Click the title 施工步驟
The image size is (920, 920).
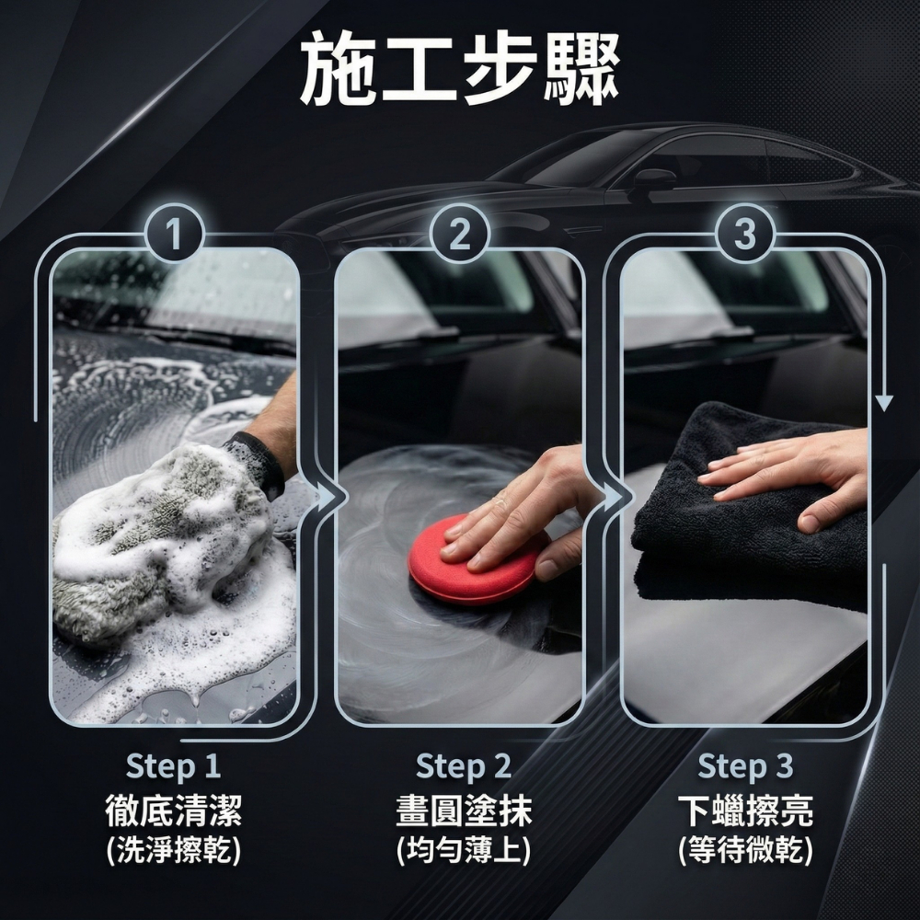[460, 69]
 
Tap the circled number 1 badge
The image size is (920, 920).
[174, 234]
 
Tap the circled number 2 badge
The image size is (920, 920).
[459, 234]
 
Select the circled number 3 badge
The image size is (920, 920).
[745, 234]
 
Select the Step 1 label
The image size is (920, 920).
[173, 765]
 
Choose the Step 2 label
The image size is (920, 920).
[464, 765]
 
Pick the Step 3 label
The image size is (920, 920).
[745, 765]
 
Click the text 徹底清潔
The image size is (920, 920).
[174, 811]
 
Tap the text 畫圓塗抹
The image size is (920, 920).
[464, 811]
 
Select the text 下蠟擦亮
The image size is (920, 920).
[746, 811]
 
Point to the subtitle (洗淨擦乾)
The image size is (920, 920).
[174, 850]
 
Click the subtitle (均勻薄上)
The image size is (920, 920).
[464, 850]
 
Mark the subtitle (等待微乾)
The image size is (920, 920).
[746, 850]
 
